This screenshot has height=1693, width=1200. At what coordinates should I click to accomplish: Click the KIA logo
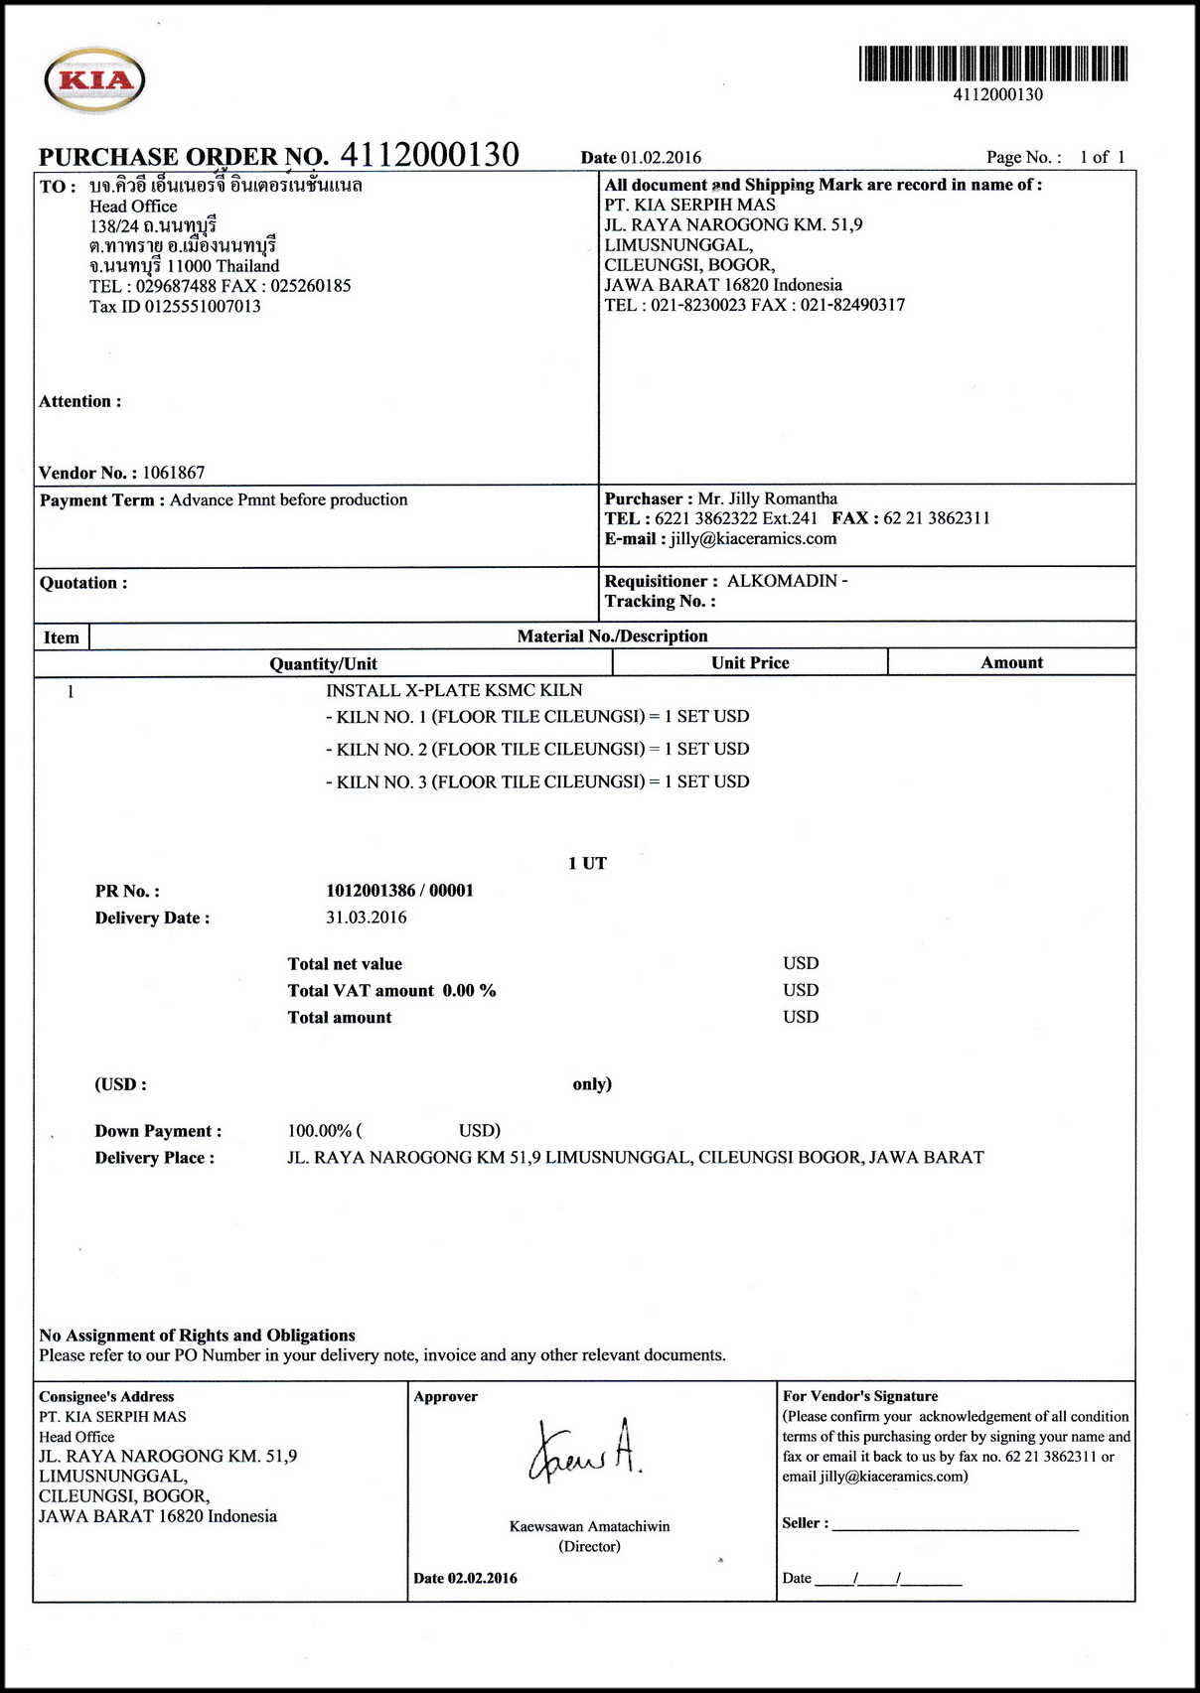(x=94, y=79)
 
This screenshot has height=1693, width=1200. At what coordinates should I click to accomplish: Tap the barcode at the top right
(x=992, y=64)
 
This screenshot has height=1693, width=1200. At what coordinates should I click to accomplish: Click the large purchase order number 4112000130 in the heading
(x=429, y=155)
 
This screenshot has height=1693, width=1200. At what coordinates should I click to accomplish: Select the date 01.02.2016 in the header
(x=661, y=158)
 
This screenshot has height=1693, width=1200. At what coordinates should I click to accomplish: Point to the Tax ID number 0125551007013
(x=203, y=307)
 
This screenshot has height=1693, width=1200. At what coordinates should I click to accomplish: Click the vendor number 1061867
(x=173, y=473)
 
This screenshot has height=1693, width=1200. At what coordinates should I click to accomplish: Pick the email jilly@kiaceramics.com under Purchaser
(x=753, y=539)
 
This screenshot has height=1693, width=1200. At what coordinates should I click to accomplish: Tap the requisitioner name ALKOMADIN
(x=782, y=581)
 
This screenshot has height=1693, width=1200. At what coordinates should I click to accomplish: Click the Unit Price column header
(x=750, y=663)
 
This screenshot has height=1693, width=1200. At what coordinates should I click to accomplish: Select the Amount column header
(x=1011, y=663)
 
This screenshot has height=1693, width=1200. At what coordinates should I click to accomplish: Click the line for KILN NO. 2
(x=537, y=750)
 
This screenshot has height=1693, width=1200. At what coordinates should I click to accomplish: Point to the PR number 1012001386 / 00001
(x=399, y=891)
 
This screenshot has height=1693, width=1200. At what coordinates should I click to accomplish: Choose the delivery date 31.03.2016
(x=366, y=917)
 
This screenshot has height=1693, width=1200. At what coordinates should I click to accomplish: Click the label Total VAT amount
(x=361, y=991)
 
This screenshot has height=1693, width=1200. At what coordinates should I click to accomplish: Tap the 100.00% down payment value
(x=320, y=1131)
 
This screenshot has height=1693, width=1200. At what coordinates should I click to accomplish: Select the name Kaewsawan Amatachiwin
(x=589, y=1526)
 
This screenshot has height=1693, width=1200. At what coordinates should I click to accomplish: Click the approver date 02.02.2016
(x=482, y=1578)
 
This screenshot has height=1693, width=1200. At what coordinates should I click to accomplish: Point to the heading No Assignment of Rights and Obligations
(x=197, y=1336)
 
